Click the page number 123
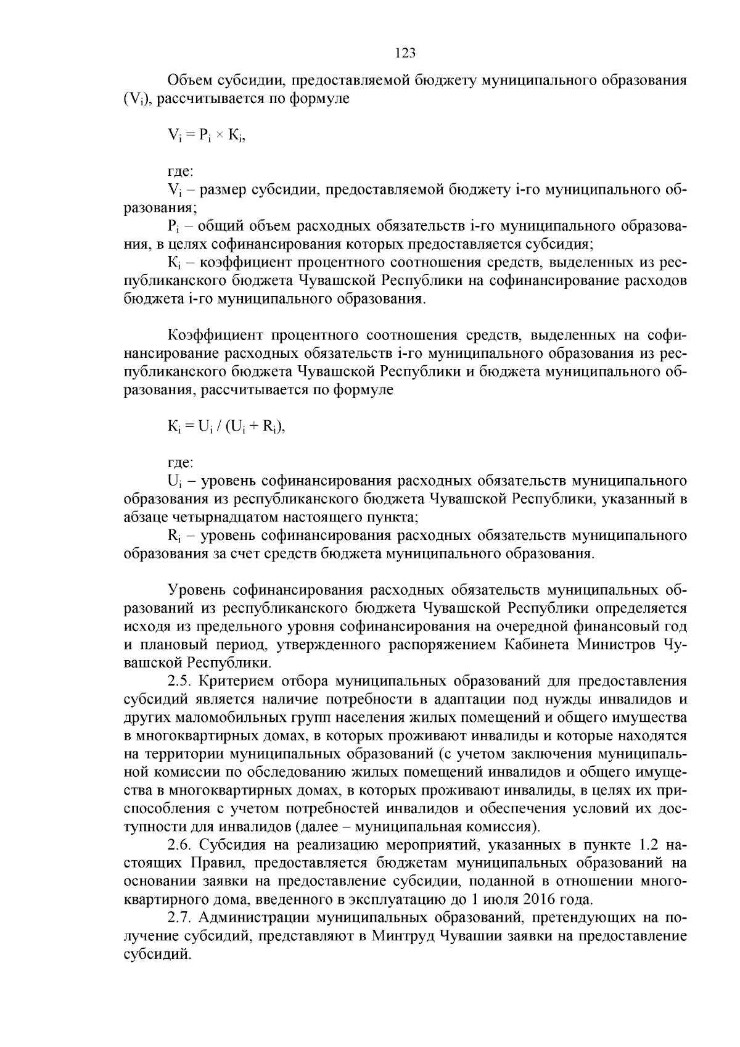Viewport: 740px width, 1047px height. coord(405,53)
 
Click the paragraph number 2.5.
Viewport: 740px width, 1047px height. coord(181,682)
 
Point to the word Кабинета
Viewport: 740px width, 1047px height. coord(534,645)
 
